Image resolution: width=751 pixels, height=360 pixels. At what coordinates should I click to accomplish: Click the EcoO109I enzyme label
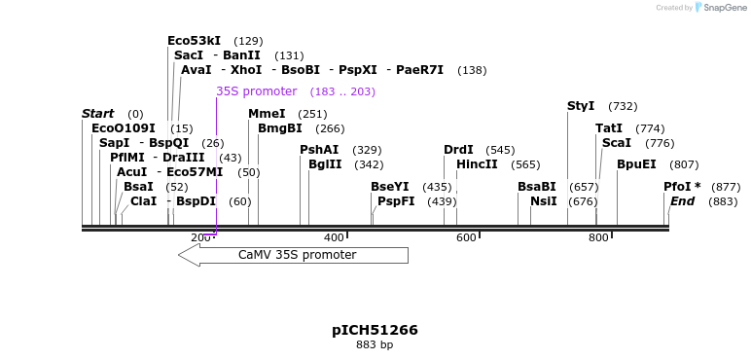click(x=123, y=127)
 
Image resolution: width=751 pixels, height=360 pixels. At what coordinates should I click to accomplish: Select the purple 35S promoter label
click(x=256, y=91)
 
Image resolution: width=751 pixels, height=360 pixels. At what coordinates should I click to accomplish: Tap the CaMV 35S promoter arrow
click(x=293, y=255)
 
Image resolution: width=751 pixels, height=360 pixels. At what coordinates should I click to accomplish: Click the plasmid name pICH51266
click(x=375, y=330)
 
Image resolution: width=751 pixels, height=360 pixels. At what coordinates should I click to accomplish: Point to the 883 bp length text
click(x=375, y=345)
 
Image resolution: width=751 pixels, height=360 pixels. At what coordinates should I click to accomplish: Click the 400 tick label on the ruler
click(x=334, y=237)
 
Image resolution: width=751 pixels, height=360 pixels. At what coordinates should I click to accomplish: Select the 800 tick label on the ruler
click(x=598, y=237)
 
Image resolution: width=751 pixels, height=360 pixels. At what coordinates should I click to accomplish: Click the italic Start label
click(x=97, y=114)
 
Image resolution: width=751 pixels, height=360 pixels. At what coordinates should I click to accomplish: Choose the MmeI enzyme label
click(x=267, y=114)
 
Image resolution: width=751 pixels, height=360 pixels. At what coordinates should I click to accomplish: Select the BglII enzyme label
click(x=325, y=164)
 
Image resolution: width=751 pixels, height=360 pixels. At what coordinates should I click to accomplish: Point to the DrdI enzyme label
click(x=458, y=150)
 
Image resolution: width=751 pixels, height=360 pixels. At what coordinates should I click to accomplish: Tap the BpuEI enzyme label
click(x=636, y=164)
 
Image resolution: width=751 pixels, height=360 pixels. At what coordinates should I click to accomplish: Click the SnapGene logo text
click(x=720, y=8)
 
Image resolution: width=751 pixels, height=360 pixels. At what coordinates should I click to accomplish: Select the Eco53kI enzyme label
click(x=194, y=41)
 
